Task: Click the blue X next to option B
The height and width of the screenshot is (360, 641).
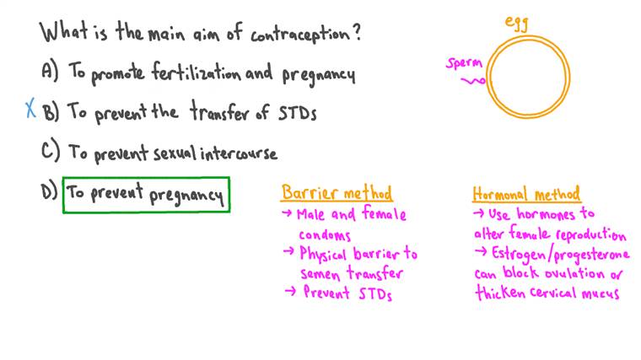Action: (31, 109)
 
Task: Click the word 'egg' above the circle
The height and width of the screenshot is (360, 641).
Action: (516, 23)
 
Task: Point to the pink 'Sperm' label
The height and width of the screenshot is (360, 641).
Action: (464, 62)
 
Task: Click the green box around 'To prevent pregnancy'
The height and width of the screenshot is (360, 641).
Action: (146, 195)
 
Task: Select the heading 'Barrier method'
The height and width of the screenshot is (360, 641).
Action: (337, 193)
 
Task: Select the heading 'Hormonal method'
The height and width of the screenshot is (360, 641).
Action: (525, 194)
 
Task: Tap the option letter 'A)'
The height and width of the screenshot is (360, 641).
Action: (50, 73)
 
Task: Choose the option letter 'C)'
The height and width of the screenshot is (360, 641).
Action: (50, 152)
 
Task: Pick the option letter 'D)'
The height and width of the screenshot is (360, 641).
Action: (49, 192)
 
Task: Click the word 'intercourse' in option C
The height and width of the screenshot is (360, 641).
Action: (240, 153)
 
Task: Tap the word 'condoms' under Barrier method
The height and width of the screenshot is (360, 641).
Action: (325, 234)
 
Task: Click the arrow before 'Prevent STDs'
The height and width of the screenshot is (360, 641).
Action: (288, 292)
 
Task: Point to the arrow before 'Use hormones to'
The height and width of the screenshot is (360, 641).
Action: (479, 214)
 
